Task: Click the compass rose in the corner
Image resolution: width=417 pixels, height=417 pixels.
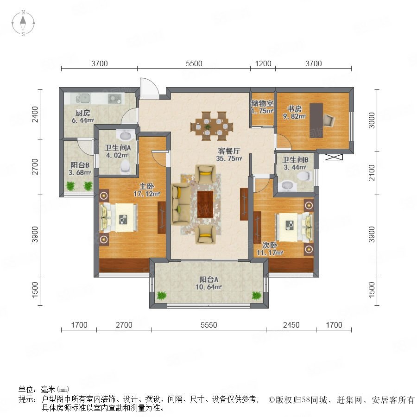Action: click(23, 23)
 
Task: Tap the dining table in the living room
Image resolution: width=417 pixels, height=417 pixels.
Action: click(212, 126)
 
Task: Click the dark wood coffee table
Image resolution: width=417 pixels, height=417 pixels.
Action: click(205, 204)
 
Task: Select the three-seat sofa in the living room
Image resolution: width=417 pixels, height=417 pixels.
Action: click(181, 204)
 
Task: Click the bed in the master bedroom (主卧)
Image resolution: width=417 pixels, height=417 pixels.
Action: click(118, 218)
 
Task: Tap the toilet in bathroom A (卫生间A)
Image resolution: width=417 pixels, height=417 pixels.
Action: click(125, 166)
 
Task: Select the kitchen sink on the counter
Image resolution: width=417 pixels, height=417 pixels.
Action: click(83, 99)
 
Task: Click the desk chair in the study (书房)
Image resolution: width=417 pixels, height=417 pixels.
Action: click(329, 120)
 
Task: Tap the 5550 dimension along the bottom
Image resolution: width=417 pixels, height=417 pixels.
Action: click(209, 325)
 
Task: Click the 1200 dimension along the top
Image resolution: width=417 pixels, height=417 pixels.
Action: click(263, 64)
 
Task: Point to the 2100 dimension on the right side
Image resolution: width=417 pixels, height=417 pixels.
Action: click(372, 173)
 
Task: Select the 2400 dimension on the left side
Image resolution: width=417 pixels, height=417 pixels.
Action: click(35, 114)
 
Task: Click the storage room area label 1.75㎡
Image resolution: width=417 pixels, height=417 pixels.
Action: click(263, 111)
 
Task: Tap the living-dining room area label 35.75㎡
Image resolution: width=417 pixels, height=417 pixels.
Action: click(229, 159)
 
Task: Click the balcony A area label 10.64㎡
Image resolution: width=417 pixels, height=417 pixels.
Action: click(208, 287)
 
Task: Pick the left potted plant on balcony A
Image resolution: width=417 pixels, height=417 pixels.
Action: click(161, 295)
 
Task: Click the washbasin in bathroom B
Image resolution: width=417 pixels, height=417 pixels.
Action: click(288, 185)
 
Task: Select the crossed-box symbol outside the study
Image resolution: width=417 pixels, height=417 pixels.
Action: click(334, 157)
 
